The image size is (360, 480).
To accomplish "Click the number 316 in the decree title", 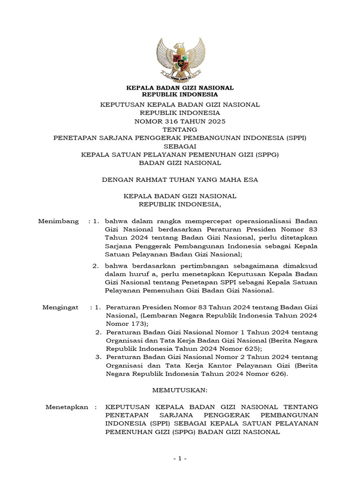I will [167, 121].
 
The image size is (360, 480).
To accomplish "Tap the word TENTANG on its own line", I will [180, 129].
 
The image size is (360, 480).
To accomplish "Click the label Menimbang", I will [58, 221].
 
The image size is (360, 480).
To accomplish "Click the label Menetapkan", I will [67, 407].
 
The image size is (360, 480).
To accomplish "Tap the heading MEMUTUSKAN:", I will [180, 390].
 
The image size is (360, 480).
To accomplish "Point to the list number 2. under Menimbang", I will [95, 266].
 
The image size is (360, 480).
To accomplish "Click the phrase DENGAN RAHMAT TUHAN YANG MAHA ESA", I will [180, 179].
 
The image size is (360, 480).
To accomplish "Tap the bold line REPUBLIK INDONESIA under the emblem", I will [180, 94].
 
